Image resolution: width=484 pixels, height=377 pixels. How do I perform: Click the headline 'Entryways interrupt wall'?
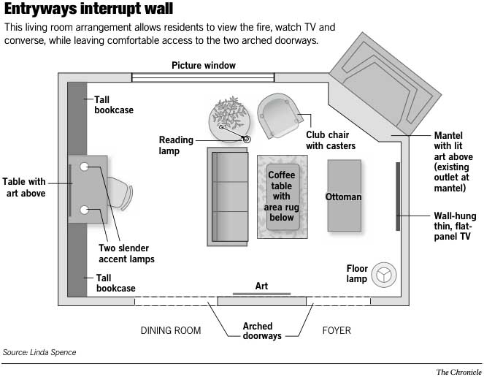click(88, 9)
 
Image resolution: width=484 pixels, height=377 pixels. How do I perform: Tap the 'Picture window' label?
click(204, 66)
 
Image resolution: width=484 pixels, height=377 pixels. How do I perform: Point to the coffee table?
click(281, 197)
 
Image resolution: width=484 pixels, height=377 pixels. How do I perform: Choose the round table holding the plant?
click(229, 118)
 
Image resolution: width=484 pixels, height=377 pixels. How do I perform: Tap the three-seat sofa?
click(228, 195)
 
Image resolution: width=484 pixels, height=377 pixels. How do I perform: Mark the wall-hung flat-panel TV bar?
click(398, 198)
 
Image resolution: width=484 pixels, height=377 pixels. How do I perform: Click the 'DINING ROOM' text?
click(170, 331)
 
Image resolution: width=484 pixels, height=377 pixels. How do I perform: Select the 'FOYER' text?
click(337, 331)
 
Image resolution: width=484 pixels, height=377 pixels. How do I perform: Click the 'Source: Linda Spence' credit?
click(39, 352)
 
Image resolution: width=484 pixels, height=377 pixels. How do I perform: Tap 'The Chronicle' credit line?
click(458, 371)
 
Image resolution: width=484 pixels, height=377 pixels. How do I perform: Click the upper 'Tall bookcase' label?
click(113, 104)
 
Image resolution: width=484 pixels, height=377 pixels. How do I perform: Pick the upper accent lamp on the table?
click(85, 167)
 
